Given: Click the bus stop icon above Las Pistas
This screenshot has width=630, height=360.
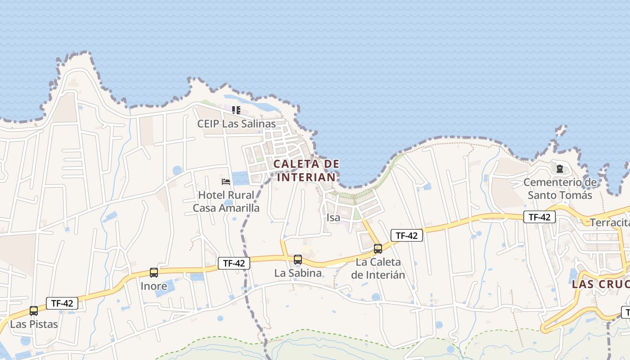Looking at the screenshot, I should pos(34,311).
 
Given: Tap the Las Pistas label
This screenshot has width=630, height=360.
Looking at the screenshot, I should pos(34,324).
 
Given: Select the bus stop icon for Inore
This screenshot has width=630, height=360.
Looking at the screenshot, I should pos(154,273).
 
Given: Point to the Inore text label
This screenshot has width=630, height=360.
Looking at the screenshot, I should pos(154,286).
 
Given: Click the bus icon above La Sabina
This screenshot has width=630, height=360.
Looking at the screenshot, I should pos(298,260).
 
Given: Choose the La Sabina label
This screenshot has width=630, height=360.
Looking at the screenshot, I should pos(298,273).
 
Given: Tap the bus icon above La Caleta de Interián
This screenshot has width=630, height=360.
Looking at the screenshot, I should pos(378,249).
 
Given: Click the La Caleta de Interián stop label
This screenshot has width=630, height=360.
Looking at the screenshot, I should pos(378,268).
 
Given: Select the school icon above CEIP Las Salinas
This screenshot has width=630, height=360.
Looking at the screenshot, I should pos(236,110).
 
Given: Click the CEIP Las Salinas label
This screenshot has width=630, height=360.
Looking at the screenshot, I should pos(236,123).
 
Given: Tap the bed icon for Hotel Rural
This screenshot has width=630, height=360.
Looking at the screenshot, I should pos(226,182).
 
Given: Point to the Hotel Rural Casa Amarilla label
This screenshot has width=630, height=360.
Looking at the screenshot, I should pos(226,202).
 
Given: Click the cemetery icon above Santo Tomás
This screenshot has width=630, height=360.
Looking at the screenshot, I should pos(560,169).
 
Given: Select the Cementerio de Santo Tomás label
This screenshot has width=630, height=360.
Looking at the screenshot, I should pos(560,189).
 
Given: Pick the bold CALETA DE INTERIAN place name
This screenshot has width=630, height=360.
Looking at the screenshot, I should pos(306,171).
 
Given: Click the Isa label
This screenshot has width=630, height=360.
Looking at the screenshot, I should pos(333,218).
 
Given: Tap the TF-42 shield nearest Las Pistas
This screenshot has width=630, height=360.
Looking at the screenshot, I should pos(62,303).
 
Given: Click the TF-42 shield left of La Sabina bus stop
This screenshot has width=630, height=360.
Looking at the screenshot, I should pos(234,263).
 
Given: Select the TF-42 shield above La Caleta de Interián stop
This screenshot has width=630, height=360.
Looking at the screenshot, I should pos(407,235).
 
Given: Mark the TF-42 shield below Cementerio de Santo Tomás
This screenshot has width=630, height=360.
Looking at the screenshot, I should pos(540,217).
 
